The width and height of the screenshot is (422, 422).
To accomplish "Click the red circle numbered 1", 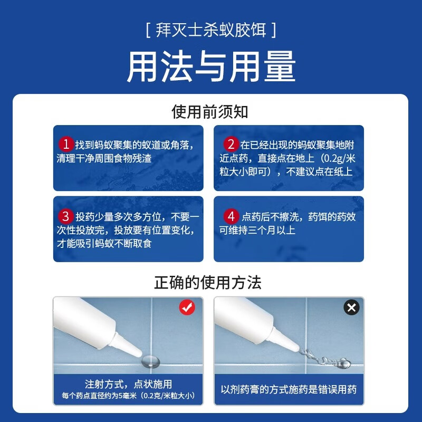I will tap(65, 144).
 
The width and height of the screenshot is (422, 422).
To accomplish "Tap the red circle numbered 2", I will tap(231, 144).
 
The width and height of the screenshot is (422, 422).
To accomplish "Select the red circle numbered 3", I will tap(65, 216).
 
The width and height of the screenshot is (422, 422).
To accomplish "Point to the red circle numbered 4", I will tap(231, 216).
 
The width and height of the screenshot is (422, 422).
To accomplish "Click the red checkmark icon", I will tap(187, 308).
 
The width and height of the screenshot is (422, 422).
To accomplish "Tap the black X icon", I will tap(351, 307).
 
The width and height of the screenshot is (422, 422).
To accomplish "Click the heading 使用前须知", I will tap(210, 111).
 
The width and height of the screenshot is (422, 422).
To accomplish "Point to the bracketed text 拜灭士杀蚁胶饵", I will tap(210, 30).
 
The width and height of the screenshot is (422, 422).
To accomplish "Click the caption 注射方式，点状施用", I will tap(128, 384).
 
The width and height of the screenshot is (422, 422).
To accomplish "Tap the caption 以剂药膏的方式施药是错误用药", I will tap(289, 390).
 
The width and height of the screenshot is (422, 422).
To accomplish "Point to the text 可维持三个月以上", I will tap(257, 231).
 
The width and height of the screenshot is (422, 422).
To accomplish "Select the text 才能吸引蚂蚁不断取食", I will tap(108, 244).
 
